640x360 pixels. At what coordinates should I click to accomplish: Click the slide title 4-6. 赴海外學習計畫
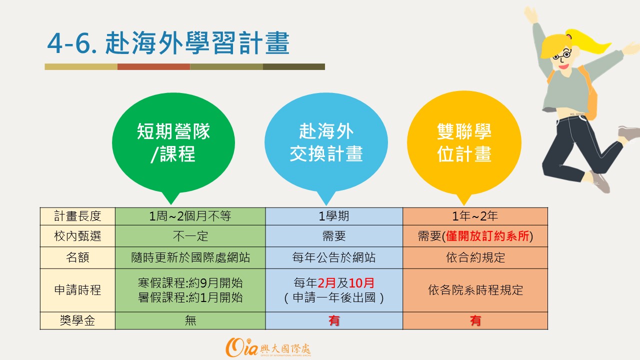(x=168, y=43)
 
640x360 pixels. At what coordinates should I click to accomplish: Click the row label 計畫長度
(x=77, y=216)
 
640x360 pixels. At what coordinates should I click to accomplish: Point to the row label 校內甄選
(x=77, y=236)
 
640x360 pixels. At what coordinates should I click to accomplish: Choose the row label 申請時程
(x=77, y=290)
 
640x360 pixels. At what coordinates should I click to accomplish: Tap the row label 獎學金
(x=77, y=320)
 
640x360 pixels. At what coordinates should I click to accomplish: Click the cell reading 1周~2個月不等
(x=190, y=216)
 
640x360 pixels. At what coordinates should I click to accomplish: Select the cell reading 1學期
(x=334, y=216)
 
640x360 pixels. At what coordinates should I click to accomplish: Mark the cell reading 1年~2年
(x=475, y=216)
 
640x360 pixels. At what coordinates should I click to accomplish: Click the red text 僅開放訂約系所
(x=487, y=236)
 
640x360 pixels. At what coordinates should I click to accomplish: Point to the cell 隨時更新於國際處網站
(x=190, y=257)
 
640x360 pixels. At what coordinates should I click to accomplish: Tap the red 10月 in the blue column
(x=361, y=283)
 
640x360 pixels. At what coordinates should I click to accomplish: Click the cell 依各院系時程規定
(x=475, y=290)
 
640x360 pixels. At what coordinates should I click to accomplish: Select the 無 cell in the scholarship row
(x=190, y=320)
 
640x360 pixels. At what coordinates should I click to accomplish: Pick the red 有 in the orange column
(x=475, y=320)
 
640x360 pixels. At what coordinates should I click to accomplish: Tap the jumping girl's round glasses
(x=562, y=55)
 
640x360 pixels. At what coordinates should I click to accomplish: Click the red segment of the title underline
(x=153, y=66)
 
